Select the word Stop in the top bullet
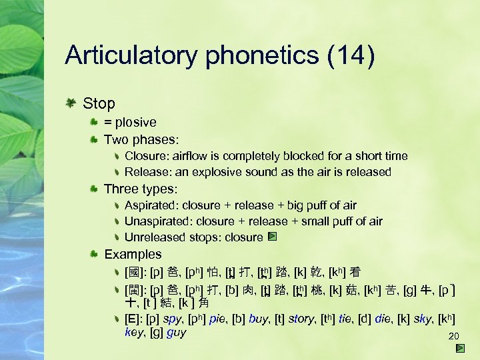point(99,103)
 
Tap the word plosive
point(136,122)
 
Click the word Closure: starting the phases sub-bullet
point(146,156)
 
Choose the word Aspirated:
point(151,205)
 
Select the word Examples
point(133,254)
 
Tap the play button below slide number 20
point(461,348)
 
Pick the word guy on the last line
point(177,332)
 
